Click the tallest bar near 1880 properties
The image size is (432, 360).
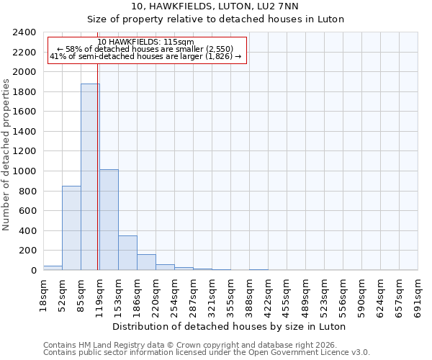click(x=90, y=177)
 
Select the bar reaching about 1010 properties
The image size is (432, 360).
click(x=109, y=220)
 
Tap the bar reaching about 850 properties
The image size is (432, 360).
click(x=71, y=228)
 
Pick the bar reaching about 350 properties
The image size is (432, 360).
click(x=127, y=253)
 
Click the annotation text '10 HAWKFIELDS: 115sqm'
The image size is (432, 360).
click(x=145, y=42)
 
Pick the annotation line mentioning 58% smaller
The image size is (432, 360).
click(x=145, y=49)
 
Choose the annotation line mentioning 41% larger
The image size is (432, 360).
click(x=145, y=56)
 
